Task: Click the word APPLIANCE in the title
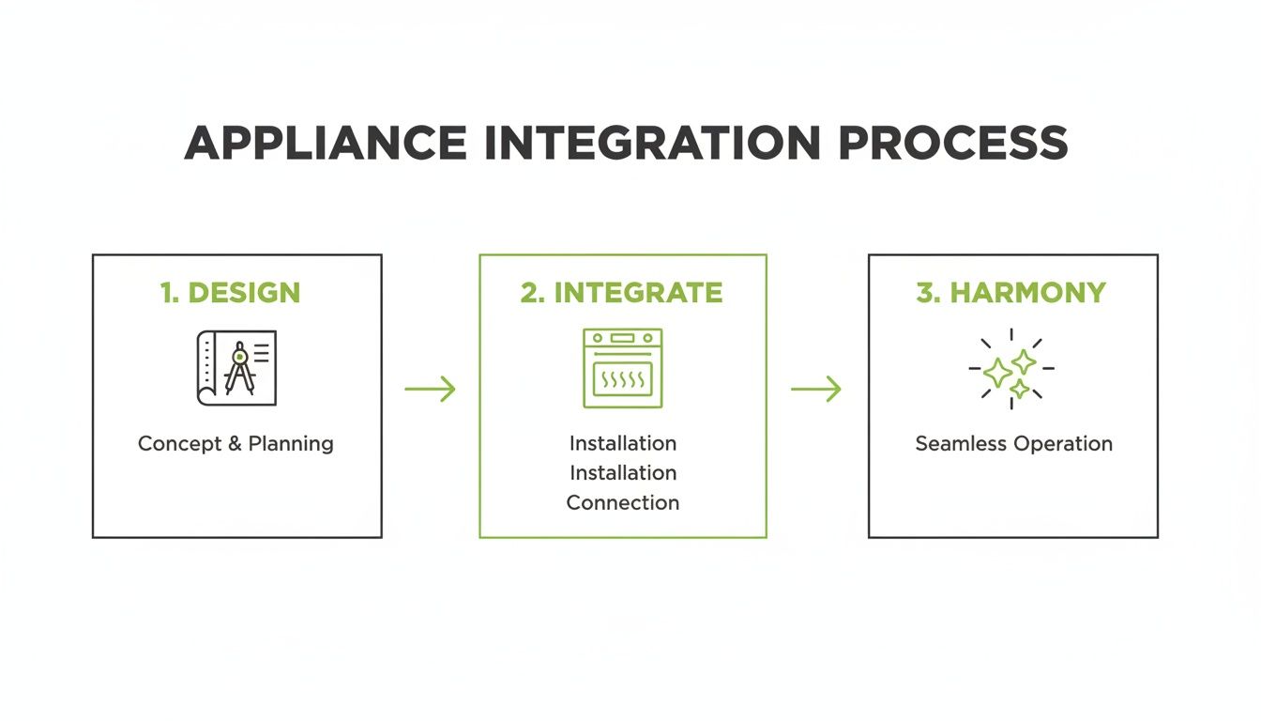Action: point(326,143)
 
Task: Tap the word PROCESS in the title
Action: point(951,143)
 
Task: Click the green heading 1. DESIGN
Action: point(230,293)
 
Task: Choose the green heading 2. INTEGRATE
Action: point(622,293)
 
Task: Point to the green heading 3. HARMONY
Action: point(1011,293)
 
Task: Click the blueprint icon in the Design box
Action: point(236,368)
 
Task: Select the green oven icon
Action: point(622,368)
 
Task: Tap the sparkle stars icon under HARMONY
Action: point(1010,369)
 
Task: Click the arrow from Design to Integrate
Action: point(430,389)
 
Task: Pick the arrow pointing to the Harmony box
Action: point(815,389)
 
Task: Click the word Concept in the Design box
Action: point(179,444)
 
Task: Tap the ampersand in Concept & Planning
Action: point(235,444)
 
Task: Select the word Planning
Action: point(291,444)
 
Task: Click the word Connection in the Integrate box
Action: point(622,503)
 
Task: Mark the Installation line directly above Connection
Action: point(622,473)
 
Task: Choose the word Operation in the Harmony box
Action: point(1065,444)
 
